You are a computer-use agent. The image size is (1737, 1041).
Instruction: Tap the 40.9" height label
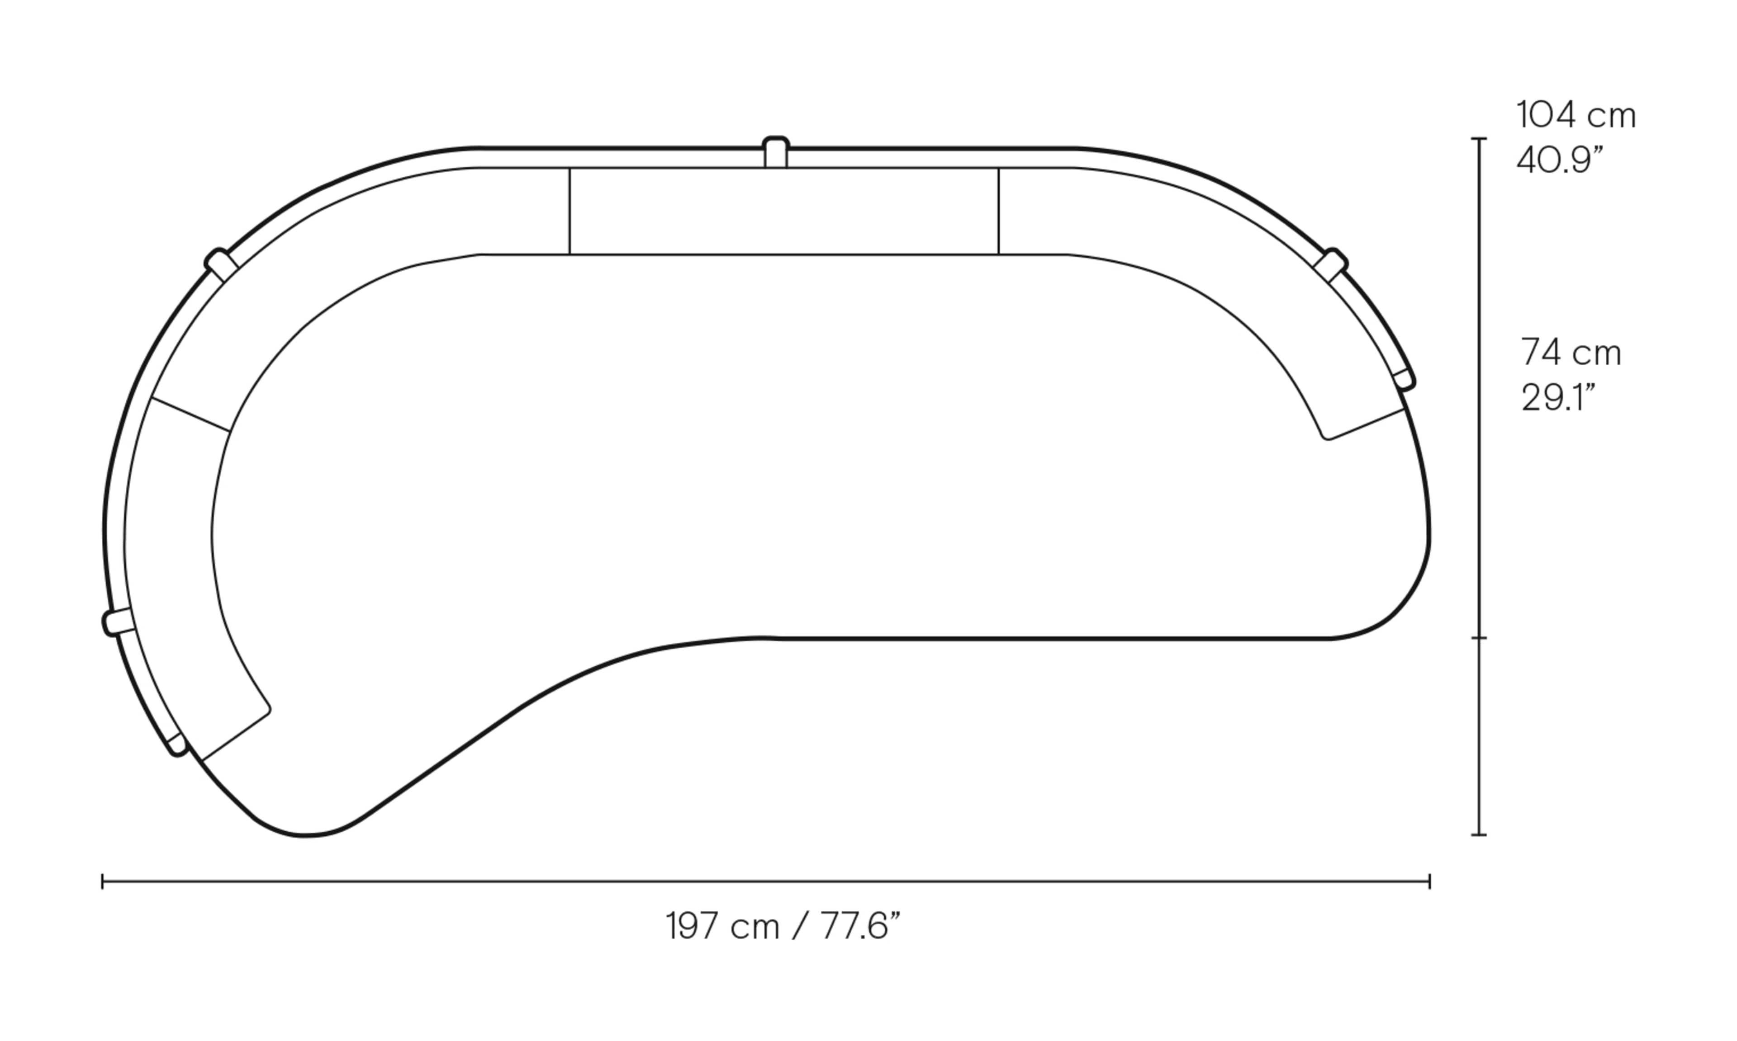click(1559, 160)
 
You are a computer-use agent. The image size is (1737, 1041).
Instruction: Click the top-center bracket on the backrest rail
click(775, 151)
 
